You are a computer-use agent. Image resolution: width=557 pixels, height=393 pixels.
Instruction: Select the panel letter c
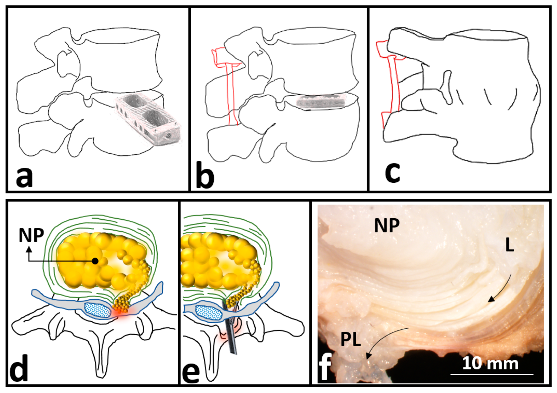pos(392,171)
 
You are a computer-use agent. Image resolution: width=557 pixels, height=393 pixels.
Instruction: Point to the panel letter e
pos(190,370)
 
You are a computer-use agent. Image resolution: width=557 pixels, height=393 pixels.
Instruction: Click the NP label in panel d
pos(31,235)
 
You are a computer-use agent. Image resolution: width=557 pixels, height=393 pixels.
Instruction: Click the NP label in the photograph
pos(387,226)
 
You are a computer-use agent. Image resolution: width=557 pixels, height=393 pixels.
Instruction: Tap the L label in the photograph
pos(509,246)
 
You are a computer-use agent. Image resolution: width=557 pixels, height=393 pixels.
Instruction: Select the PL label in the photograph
pos(351,340)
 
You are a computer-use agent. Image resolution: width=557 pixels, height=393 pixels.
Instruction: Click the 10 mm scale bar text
pos(490,363)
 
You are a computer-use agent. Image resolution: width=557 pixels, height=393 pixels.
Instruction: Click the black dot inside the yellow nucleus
pos(95,261)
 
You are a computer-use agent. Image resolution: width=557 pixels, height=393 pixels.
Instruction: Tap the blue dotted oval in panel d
pos(97,309)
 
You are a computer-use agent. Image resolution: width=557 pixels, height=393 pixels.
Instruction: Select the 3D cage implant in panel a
pos(148,119)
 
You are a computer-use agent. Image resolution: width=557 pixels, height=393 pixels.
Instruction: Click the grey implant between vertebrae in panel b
pos(320,101)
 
